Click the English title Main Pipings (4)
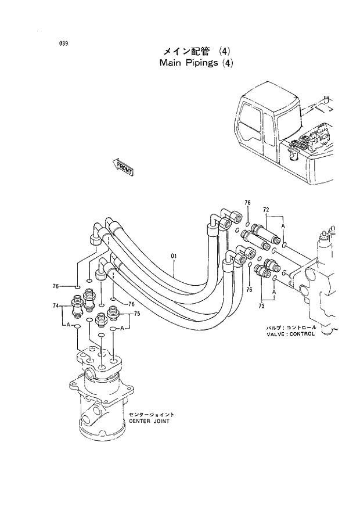[196, 63]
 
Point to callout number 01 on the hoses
[174, 256]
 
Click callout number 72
[266, 208]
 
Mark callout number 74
[56, 305]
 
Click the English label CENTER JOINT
[149, 421]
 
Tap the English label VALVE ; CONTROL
[290, 334]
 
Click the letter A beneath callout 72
[283, 225]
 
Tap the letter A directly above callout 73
[273, 293]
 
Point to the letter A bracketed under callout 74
[69, 327]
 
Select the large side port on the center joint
[90, 417]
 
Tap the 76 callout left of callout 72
[247, 203]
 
